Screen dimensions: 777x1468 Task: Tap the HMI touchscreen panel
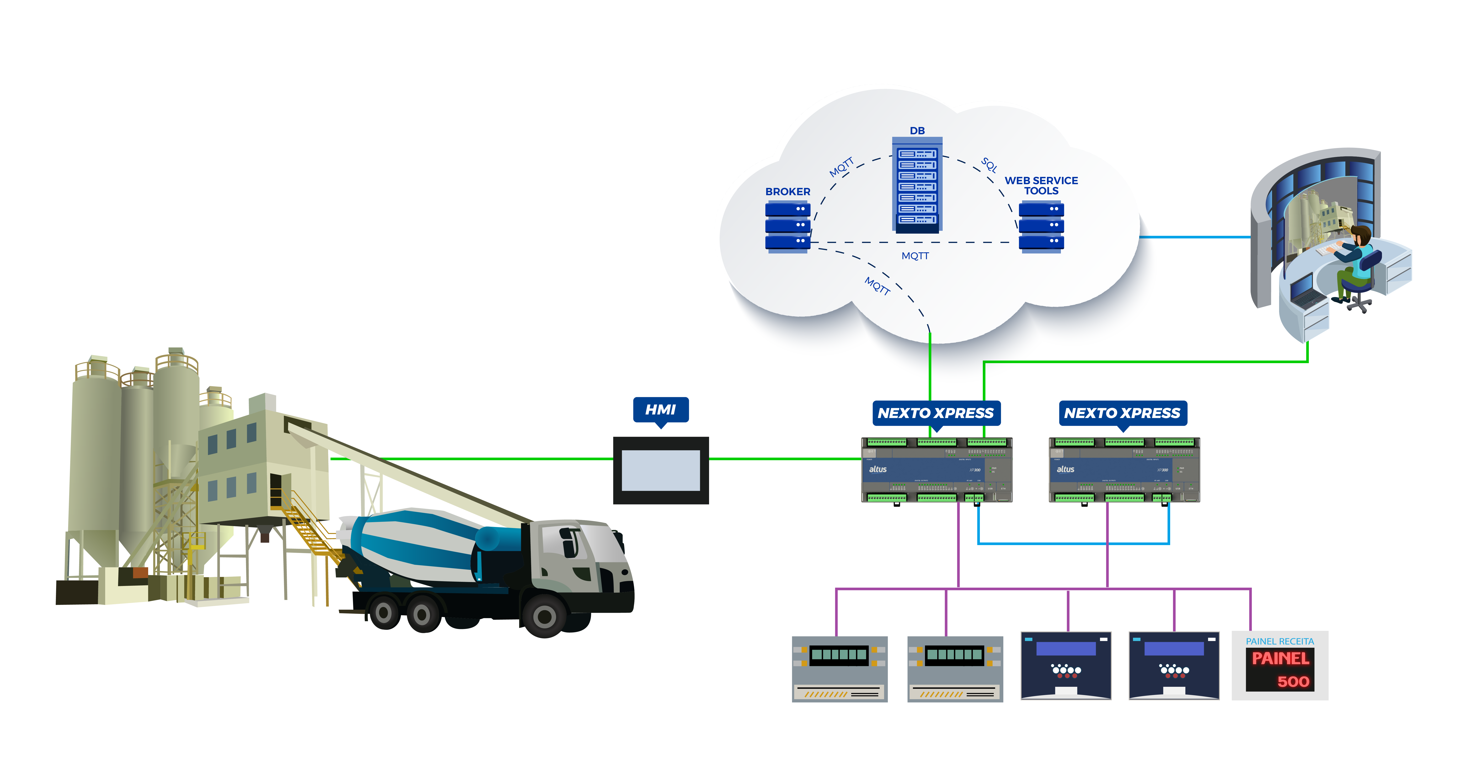660,470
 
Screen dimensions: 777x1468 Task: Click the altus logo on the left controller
878,469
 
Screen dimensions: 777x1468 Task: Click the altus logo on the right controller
1065,469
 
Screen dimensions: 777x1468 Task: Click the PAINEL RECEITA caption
1280,641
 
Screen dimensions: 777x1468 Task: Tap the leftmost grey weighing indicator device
839,669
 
